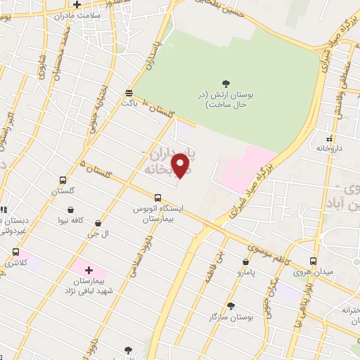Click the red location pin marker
point(181,165)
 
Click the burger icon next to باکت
point(128,92)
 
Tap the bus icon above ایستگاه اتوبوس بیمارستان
point(157,198)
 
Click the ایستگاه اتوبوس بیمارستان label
point(157,214)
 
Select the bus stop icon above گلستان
point(63,180)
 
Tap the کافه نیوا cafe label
point(71,219)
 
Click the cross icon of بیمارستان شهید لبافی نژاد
point(89,269)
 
